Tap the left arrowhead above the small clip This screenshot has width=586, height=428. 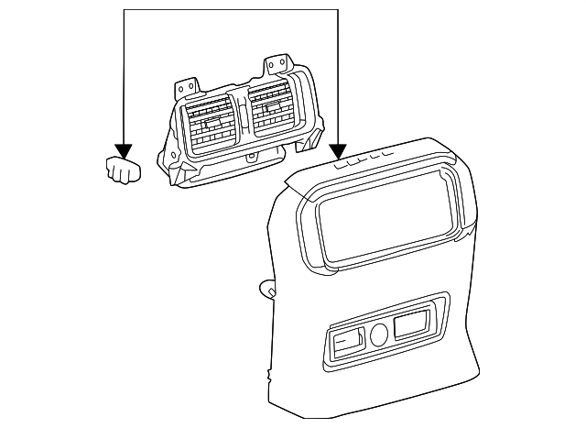click(123, 151)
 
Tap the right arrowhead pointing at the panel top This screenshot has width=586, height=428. click(339, 151)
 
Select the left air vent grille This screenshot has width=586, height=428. click(212, 126)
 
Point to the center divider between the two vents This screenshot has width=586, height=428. click(243, 117)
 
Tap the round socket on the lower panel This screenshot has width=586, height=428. click(379, 334)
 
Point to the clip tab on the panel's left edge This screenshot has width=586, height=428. click(268, 290)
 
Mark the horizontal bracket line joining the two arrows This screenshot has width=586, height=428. click(229, 10)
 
